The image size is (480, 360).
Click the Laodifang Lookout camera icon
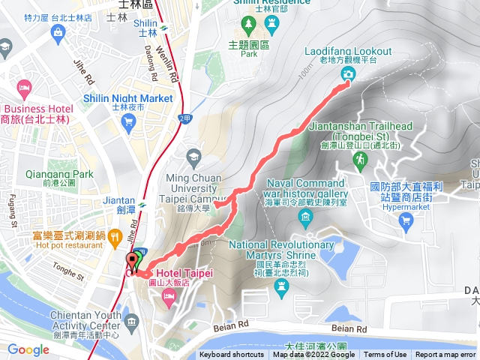click(349, 73)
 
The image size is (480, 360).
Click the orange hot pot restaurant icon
click(115, 238)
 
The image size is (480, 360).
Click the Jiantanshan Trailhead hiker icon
click(361, 160)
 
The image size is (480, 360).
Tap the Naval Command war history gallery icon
click(305, 217)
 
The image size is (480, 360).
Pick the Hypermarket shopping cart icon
click(406, 220)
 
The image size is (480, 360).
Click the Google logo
click(28, 349)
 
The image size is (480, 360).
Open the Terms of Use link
click(385, 355)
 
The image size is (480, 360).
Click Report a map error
click(446, 355)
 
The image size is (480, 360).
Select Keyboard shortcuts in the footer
click(232, 355)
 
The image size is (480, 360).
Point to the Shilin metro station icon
click(163, 31)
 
